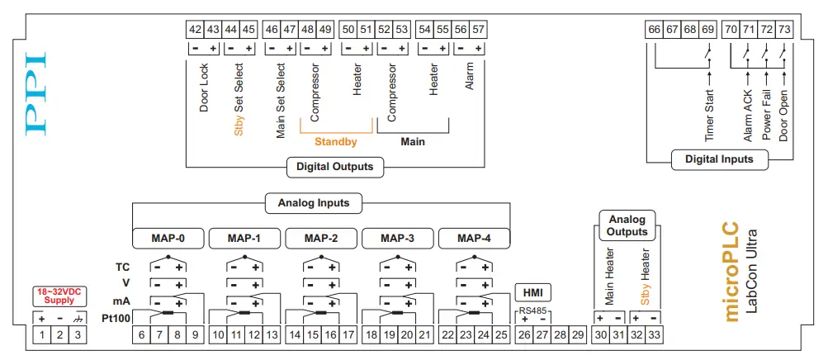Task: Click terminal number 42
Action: click(x=196, y=29)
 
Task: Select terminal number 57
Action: click(x=479, y=29)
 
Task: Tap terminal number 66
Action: click(x=655, y=29)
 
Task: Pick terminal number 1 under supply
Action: click(x=42, y=335)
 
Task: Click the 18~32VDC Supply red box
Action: click(x=59, y=296)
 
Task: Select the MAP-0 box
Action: click(x=168, y=239)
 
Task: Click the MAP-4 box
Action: click(x=474, y=239)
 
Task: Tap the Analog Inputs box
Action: click(x=313, y=202)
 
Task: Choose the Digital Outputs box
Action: click(x=335, y=167)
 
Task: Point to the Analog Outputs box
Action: click(x=628, y=225)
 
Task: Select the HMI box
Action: click(x=532, y=291)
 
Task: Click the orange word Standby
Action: click(x=335, y=142)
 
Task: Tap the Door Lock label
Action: click(x=205, y=88)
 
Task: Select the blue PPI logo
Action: click(x=36, y=94)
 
